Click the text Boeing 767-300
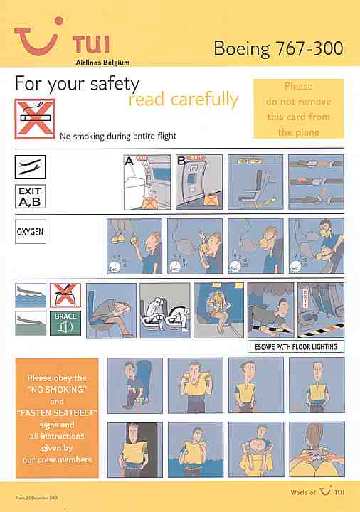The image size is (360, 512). coord(278,48)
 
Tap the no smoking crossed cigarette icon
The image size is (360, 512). coord(34,117)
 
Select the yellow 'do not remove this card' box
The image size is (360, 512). coord(298,109)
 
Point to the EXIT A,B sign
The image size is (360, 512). coord(31,196)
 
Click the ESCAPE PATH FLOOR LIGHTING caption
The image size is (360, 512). coord(296,347)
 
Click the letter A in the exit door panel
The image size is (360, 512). coord(129,161)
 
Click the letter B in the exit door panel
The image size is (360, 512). coord(181,161)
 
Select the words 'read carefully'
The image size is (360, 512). coord(183,100)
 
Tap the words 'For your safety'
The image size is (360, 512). coord(77,83)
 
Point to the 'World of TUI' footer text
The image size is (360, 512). coord(317,491)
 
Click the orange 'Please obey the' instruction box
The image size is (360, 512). coord(56,419)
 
